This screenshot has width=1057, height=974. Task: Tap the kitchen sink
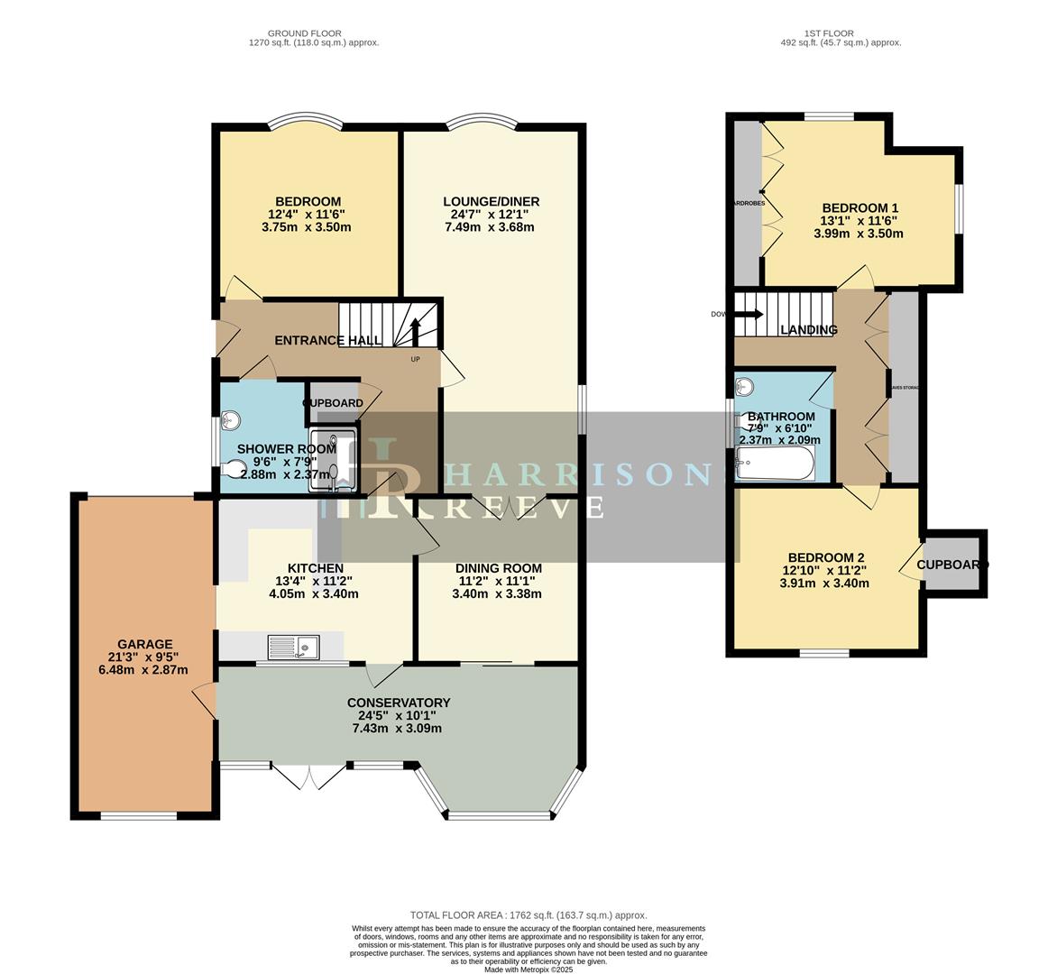(292, 646)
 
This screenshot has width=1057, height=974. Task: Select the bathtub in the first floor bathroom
(776, 464)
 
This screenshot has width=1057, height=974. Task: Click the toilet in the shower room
(234, 467)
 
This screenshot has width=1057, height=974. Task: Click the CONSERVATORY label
(398, 703)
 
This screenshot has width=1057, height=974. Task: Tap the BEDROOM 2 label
(824, 557)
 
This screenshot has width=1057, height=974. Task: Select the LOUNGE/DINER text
(491, 201)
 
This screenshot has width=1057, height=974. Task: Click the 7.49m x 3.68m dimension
(490, 227)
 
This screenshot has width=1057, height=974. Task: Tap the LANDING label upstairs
(809, 330)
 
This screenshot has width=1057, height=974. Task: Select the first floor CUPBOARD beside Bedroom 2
(952, 565)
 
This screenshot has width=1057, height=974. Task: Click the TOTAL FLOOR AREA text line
(528, 914)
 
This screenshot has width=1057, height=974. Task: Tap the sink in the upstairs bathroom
(744, 388)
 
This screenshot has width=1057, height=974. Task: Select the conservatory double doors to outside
(308, 776)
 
